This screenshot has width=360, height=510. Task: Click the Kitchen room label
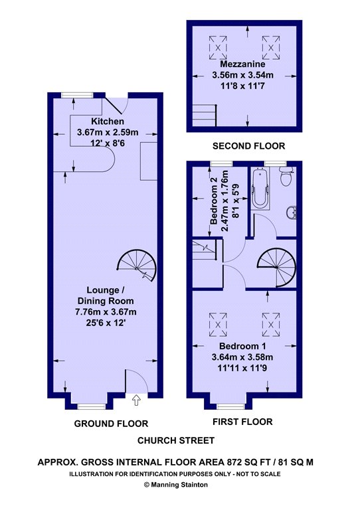coord(106,122)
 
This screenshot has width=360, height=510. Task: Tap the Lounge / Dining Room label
coord(106,296)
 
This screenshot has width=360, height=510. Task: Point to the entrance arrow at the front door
coord(137,400)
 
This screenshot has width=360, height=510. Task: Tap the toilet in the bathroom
coord(286,177)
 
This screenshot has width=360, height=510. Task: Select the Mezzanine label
coord(247,65)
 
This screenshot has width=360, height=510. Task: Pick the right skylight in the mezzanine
coord(272,48)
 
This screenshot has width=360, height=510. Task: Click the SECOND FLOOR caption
coord(248,146)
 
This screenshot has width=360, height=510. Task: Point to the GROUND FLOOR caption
coord(110,423)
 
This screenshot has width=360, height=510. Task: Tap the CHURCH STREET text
coord(176,440)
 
